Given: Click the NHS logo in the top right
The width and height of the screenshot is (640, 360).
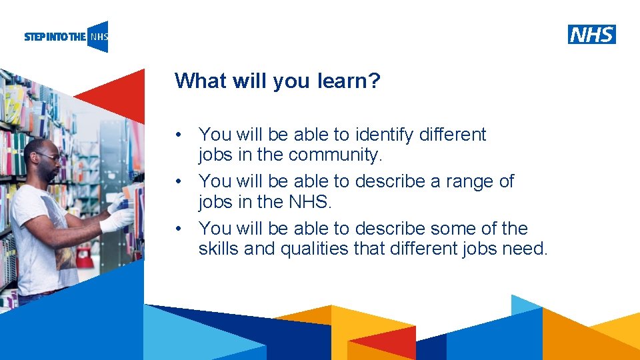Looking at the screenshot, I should click(x=591, y=34).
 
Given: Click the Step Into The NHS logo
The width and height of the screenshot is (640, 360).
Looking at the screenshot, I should click(x=66, y=37).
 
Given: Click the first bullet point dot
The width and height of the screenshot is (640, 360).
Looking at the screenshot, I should click(x=178, y=135).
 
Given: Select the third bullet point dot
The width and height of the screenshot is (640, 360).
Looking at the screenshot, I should click(x=178, y=229).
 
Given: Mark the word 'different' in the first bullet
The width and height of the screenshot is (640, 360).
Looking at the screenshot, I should click(x=453, y=135).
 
